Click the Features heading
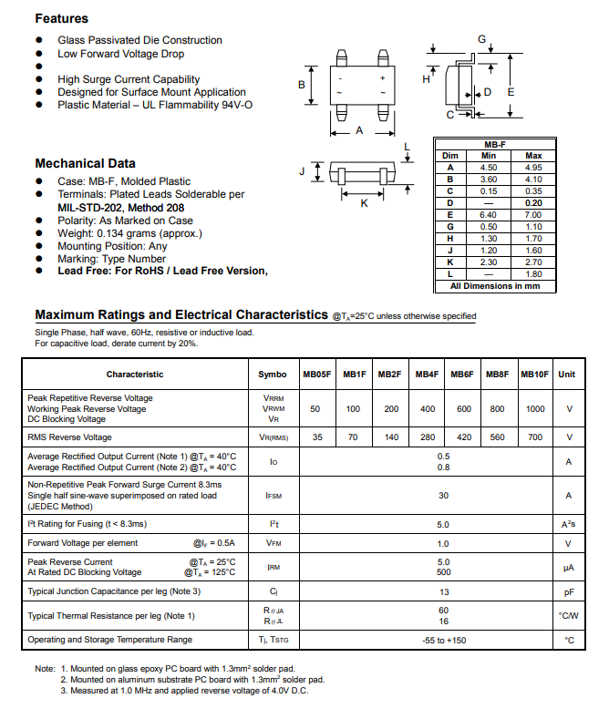[x=61, y=18]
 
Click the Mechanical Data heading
[x=85, y=163]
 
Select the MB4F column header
[x=427, y=374]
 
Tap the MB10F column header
[x=535, y=374]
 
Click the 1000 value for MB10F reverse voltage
[x=535, y=409]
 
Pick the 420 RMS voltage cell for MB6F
[x=463, y=437]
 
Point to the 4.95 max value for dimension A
[x=533, y=168]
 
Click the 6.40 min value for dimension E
[x=489, y=215]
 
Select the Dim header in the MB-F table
[x=449, y=156]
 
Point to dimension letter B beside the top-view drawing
[x=302, y=85]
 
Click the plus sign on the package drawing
[x=382, y=78]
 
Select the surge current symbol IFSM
[x=273, y=496]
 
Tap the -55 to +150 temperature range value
[x=443, y=640]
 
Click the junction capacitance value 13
[x=443, y=592]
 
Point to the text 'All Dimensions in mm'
[x=495, y=286]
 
